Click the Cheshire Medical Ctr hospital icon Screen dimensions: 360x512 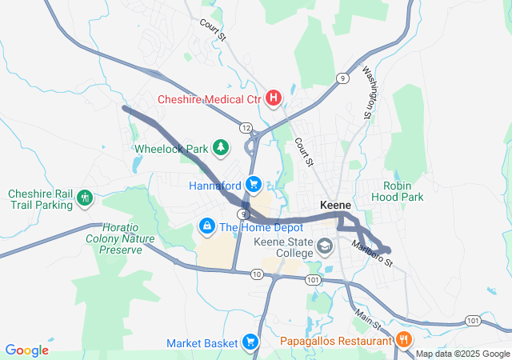[x=274, y=99]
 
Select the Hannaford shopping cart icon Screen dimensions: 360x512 [x=254, y=185]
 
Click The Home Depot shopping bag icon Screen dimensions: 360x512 [x=207, y=227]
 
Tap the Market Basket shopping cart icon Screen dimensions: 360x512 [x=250, y=342]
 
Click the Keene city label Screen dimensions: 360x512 [x=336, y=205]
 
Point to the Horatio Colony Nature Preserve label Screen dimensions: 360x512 [x=120, y=238]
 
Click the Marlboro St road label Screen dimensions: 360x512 [x=373, y=254]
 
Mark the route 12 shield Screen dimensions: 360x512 [x=246, y=128]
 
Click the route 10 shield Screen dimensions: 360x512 [x=256, y=274]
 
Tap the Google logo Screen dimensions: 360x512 [x=27, y=350]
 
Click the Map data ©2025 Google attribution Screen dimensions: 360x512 [x=462, y=354]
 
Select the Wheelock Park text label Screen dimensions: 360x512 [x=171, y=148]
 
